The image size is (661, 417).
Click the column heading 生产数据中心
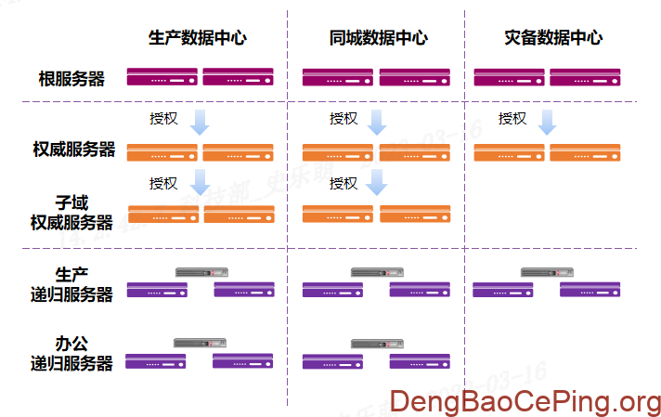click(198, 38)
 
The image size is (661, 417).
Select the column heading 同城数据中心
click(378, 38)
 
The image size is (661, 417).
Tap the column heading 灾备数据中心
click(553, 38)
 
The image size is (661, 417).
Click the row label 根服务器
click(71, 79)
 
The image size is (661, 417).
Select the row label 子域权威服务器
click(71, 212)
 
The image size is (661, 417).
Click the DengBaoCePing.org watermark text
click(525, 401)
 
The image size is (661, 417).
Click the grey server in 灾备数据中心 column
click(547, 272)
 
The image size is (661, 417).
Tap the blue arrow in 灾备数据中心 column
click(548, 122)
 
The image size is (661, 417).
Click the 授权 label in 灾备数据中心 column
click(512, 119)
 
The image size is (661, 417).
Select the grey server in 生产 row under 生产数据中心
click(201, 272)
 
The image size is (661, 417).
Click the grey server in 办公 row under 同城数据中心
click(376, 344)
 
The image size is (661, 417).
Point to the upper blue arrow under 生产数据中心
click(201, 122)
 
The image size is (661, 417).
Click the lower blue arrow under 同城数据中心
click(376, 182)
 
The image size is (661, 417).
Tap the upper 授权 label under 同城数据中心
click(343, 119)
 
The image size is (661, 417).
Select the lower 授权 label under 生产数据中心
click(163, 183)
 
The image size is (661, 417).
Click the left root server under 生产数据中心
click(162, 76)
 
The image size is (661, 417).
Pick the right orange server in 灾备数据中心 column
click(585, 152)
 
